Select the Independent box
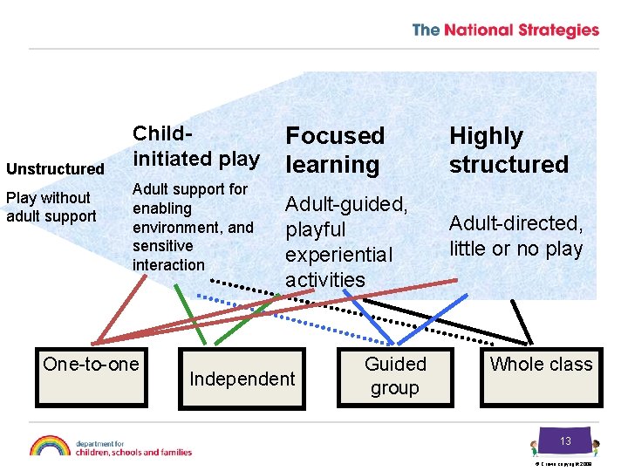[x=242, y=379]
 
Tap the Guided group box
[x=394, y=376]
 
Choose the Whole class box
[x=541, y=376]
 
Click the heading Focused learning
[x=335, y=150]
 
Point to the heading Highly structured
[x=509, y=150]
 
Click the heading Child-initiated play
[x=195, y=146]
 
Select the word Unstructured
[x=55, y=168]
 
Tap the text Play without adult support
[x=51, y=207]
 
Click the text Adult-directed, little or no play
[x=515, y=235]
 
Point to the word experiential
[x=339, y=255]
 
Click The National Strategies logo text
[x=505, y=31]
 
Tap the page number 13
[x=565, y=441]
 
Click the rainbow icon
[x=50, y=446]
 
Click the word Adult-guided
[x=346, y=205]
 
